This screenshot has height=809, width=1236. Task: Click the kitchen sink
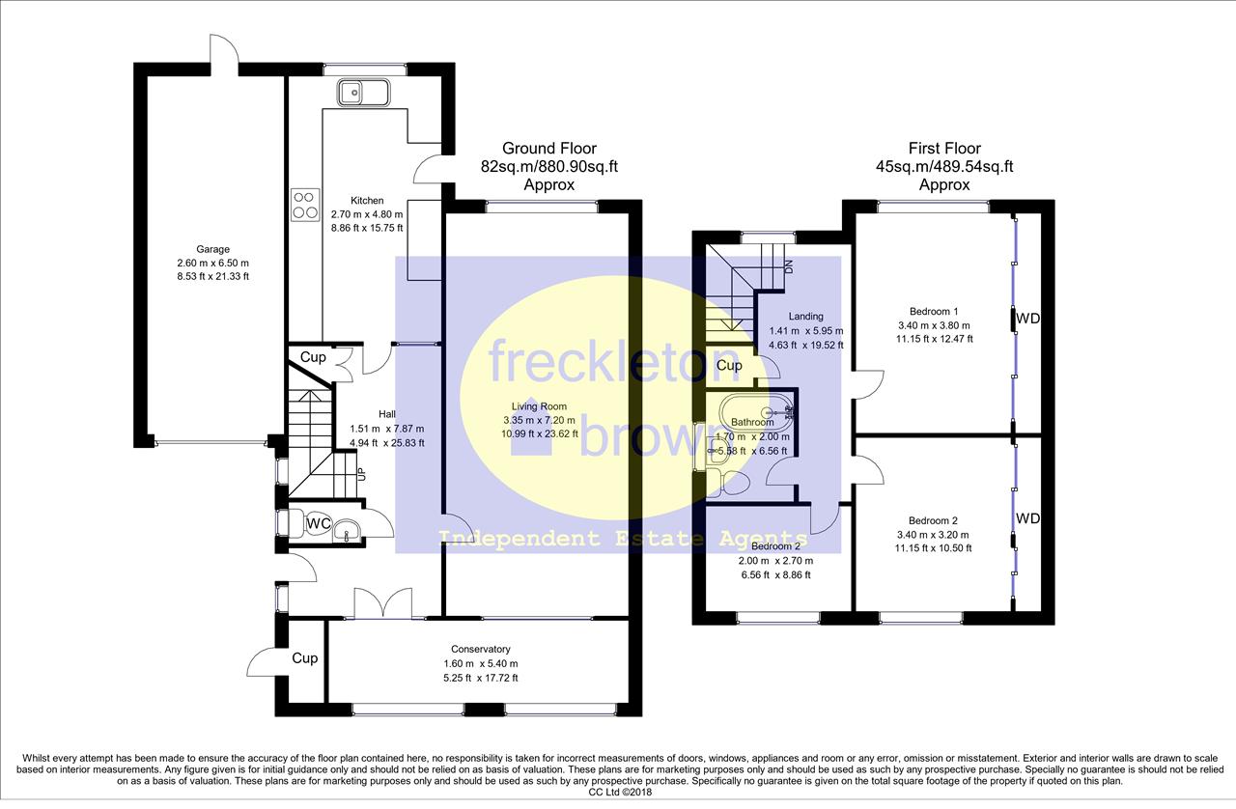(364, 93)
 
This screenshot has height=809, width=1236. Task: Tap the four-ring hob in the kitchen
(305, 206)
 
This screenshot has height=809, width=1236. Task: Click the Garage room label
(213, 249)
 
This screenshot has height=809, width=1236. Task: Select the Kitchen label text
(367, 200)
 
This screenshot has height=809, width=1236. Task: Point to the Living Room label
(539, 406)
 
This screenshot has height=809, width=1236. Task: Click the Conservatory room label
(481, 649)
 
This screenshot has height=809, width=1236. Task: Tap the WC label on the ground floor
(319, 523)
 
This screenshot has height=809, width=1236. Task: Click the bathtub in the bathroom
(756, 412)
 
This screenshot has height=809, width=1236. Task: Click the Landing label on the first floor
(805, 317)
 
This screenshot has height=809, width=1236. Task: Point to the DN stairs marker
(789, 266)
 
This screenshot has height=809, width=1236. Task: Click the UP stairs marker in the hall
(361, 473)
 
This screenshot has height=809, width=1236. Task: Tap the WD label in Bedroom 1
(1027, 319)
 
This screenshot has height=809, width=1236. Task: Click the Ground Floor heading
(549, 149)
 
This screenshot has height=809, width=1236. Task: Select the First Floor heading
(944, 149)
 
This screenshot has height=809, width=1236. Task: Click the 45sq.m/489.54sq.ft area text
(944, 167)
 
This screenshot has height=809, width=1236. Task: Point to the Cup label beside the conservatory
(304, 658)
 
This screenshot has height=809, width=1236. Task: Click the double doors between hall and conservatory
(383, 603)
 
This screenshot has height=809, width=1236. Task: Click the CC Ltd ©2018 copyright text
(620, 793)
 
